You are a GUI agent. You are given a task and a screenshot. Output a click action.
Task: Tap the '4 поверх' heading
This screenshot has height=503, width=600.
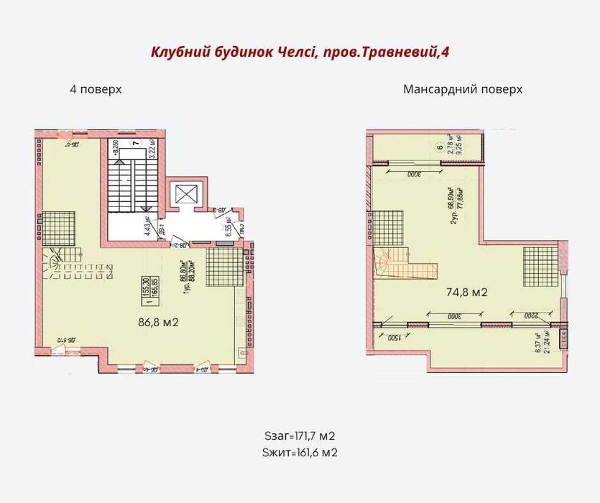[x=95, y=90]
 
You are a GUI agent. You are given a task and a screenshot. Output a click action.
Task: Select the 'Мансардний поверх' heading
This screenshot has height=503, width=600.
[x=462, y=90]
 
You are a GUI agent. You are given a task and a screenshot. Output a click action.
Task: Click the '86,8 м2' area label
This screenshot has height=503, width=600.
[x=157, y=323]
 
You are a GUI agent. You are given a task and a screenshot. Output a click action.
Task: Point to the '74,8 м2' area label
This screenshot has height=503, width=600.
[x=467, y=292]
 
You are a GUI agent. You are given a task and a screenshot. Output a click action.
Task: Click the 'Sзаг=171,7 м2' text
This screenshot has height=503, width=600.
[x=300, y=436]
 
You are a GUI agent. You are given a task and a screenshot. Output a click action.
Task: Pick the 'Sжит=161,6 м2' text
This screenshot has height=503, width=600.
[x=300, y=453]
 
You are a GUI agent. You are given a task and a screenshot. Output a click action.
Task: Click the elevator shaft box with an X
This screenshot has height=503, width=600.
[x=185, y=193]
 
